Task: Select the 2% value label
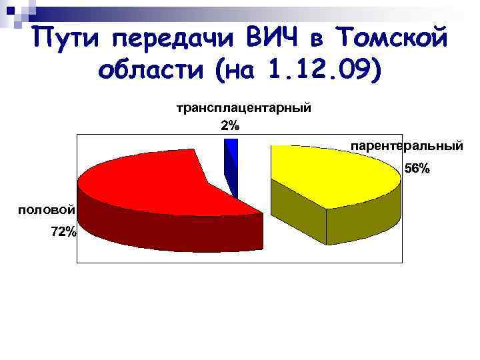tap(230, 125)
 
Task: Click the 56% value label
tap(418, 169)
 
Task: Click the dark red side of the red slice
tap(167, 233)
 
